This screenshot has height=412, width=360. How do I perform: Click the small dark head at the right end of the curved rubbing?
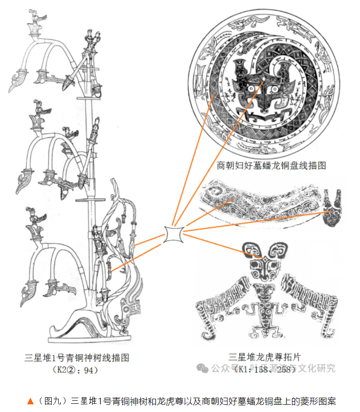(x=335, y=207)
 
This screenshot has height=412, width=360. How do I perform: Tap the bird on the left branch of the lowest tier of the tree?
(x=34, y=215)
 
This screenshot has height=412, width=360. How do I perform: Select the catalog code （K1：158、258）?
(x=264, y=369)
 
